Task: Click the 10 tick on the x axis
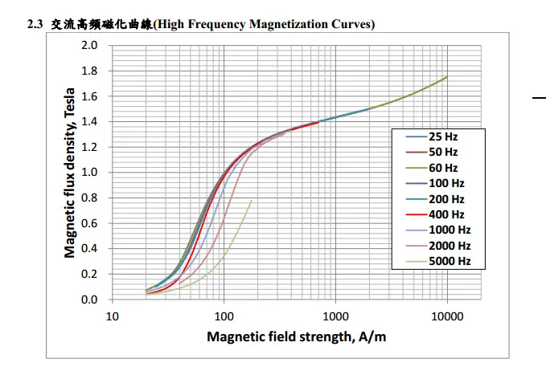click(x=113, y=315)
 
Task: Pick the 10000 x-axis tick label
click(x=447, y=315)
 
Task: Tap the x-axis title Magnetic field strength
click(x=296, y=336)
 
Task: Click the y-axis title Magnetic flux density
click(x=70, y=173)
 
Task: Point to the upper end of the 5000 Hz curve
click(x=252, y=201)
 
